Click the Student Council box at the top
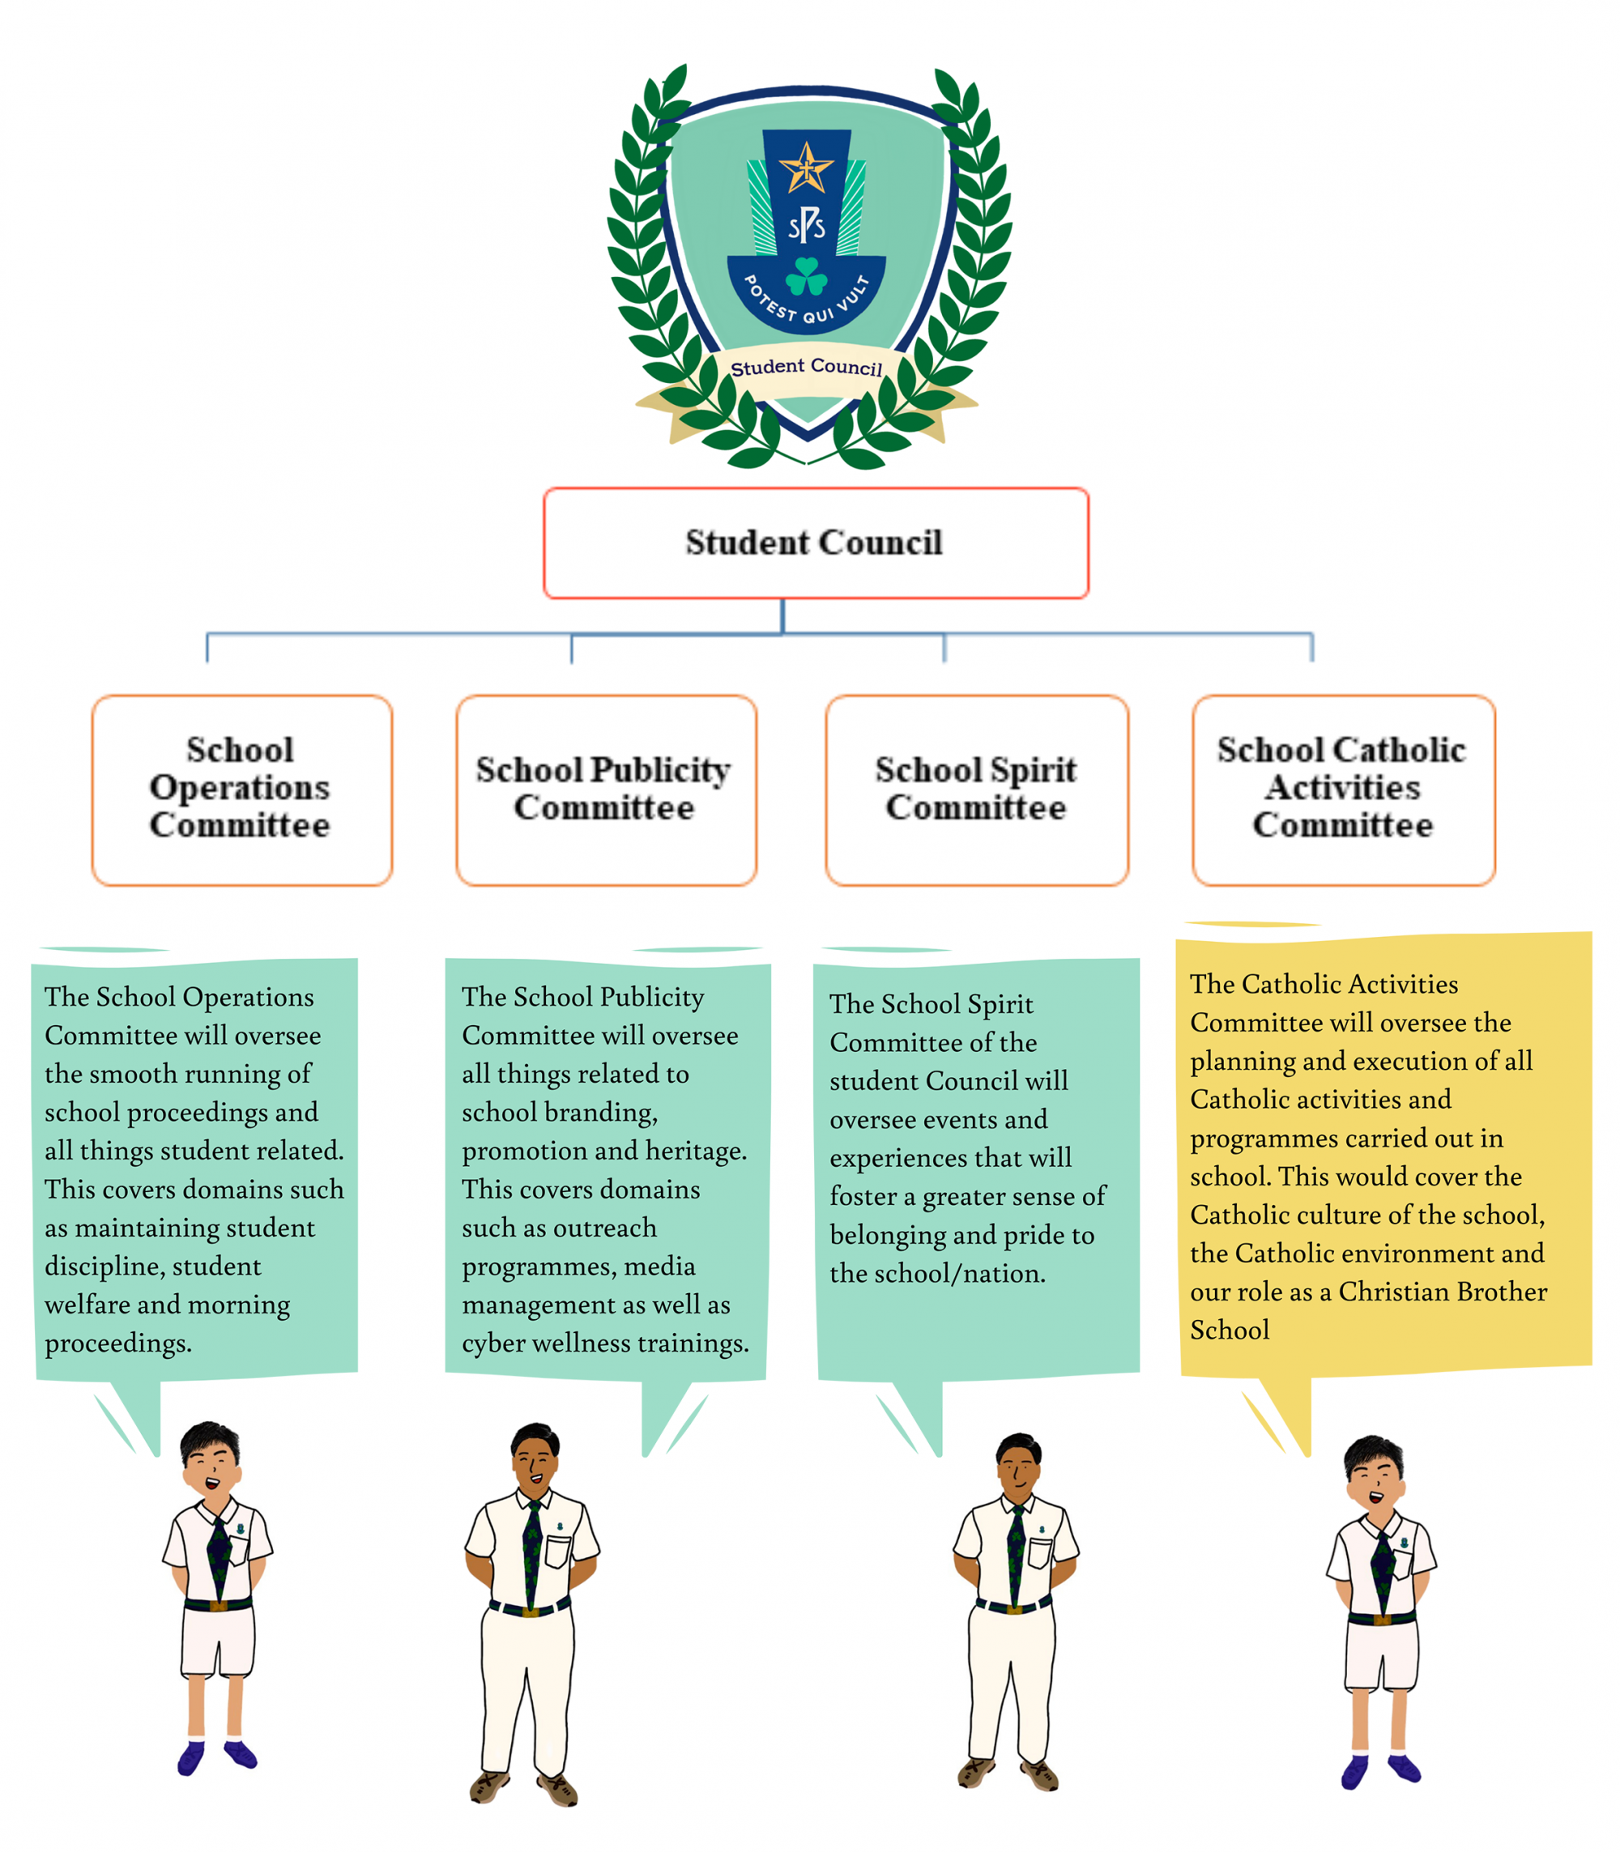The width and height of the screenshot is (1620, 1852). (x=816, y=543)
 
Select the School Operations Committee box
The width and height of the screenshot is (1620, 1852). (x=242, y=790)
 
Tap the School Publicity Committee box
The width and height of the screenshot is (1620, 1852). (x=607, y=790)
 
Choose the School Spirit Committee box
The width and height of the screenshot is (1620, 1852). (x=977, y=790)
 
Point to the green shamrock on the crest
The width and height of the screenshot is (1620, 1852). (x=807, y=277)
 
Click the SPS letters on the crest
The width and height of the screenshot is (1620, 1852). (x=807, y=225)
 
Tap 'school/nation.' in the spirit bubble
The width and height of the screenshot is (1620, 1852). (x=937, y=1274)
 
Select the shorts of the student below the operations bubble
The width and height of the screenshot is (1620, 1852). (x=218, y=1640)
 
